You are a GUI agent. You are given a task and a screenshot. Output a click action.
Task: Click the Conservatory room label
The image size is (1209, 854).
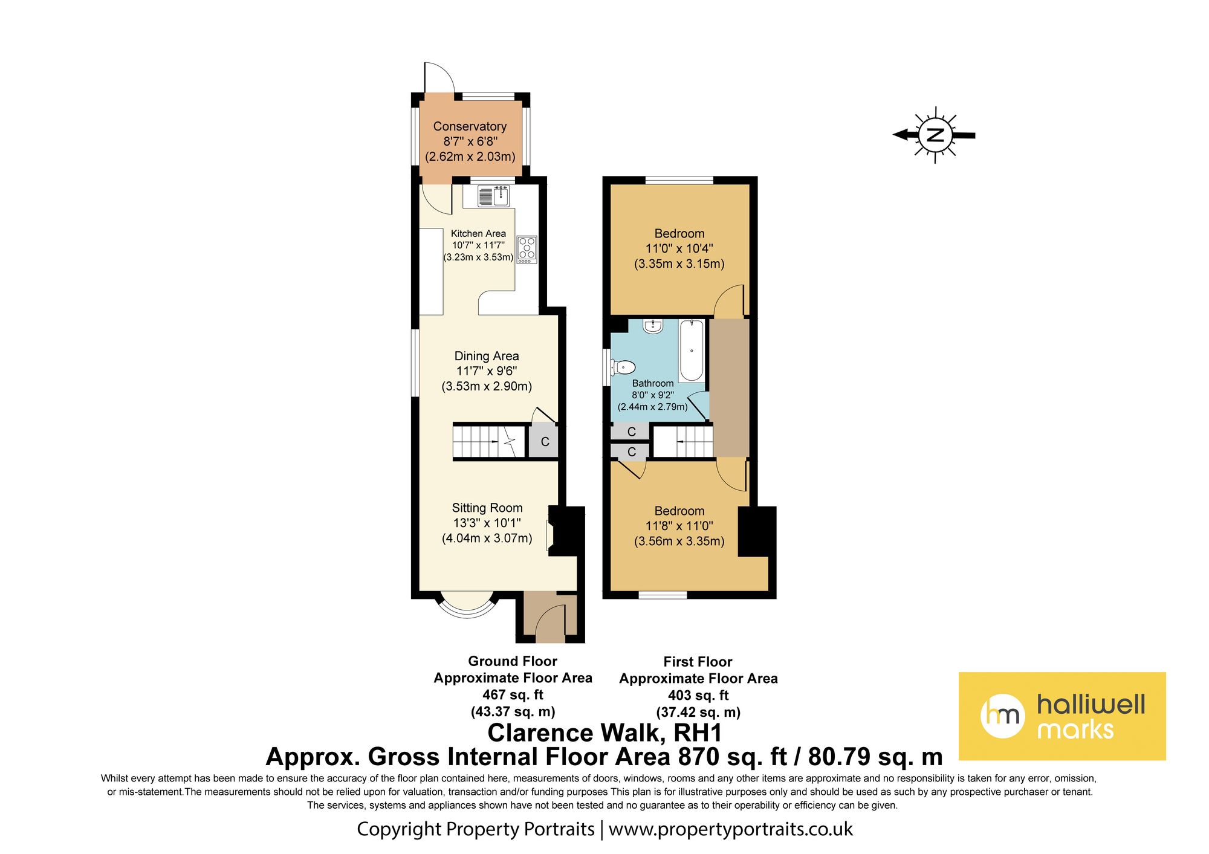(470, 126)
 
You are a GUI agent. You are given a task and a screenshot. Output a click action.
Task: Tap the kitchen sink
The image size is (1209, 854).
(493, 196)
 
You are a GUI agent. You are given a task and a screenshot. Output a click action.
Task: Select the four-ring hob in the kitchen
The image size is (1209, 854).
(527, 250)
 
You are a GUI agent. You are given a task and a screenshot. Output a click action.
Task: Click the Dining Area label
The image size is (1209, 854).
(487, 356)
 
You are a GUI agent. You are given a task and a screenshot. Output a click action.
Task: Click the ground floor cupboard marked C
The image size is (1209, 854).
(544, 442)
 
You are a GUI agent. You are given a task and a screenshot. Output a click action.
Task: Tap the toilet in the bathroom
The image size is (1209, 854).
(623, 367)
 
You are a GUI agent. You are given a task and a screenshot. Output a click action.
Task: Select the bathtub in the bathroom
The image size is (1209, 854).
(692, 351)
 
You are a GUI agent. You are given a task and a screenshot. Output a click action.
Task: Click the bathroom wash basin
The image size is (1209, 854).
(653, 326)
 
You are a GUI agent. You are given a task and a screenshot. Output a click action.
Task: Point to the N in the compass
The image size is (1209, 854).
(935, 135)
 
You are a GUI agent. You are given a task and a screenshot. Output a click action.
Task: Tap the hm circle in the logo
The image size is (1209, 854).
(1002, 716)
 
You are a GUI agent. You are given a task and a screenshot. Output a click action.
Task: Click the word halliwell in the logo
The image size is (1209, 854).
(1091, 704)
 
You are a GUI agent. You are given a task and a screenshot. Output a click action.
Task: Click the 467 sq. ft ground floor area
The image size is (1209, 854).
(513, 695)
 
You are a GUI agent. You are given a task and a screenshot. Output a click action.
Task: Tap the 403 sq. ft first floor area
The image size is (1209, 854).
(698, 696)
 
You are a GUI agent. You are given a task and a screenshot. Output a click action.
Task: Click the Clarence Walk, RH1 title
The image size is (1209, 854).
(604, 733)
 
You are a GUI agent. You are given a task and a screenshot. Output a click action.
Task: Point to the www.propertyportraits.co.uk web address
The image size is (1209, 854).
(730, 829)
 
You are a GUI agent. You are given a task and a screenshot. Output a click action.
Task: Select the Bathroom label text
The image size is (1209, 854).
(653, 383)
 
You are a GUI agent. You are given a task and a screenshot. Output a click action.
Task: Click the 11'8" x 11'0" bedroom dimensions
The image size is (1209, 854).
(679, 526)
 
